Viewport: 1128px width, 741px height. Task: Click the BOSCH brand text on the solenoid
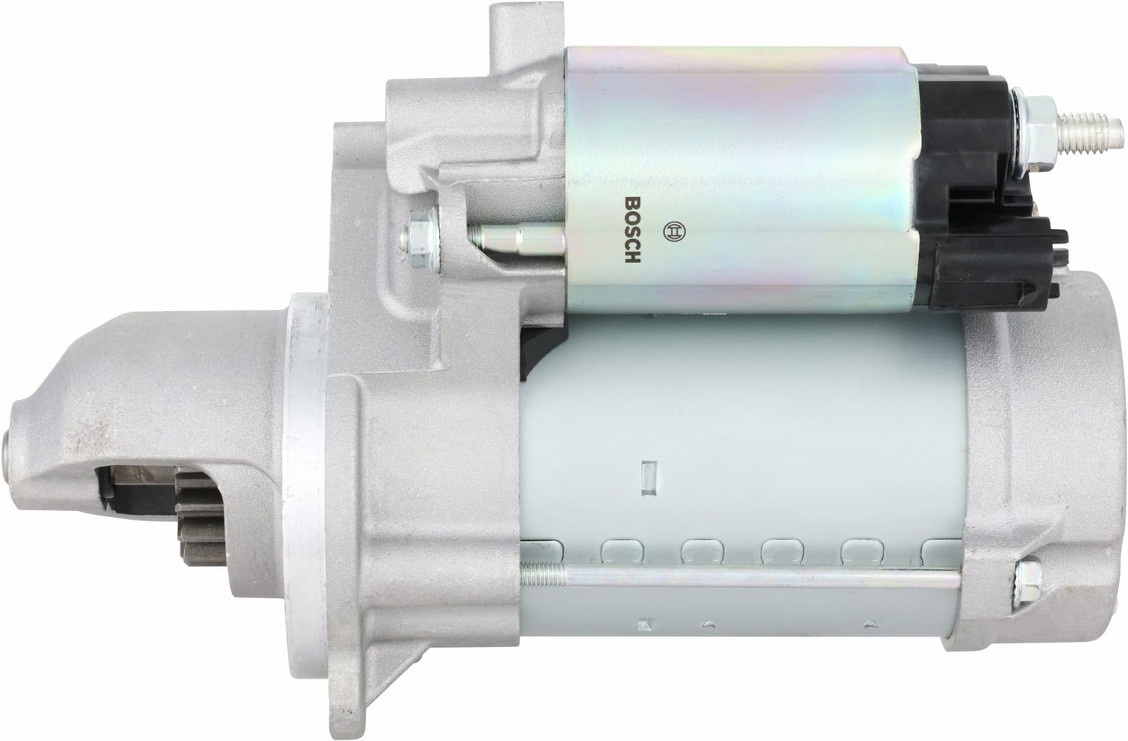click(x=632, y=229)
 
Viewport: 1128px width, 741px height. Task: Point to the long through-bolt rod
click(x=740, y=578)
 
